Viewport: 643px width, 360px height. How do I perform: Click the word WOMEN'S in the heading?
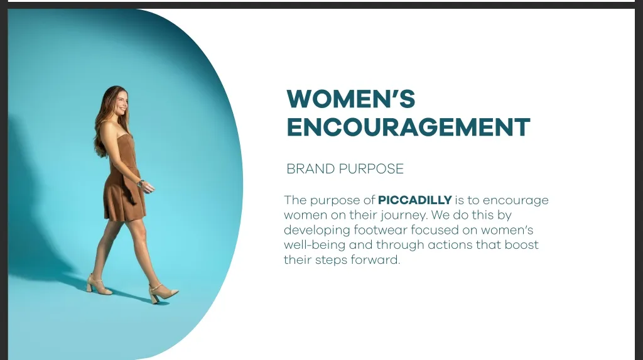[351, 99]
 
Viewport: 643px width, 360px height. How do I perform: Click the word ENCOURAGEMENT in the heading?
[408, 127]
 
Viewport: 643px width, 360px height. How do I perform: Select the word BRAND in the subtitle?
[310, 169]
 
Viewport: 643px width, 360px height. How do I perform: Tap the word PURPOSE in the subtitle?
[372, 169]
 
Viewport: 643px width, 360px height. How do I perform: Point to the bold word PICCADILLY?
[414, 200]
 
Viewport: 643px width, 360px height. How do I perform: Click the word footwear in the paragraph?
[381, 230]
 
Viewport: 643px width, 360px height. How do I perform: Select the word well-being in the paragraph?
[315, 245]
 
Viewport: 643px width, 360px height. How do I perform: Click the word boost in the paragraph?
[521, 244]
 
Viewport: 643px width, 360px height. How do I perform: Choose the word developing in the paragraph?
[316, 231]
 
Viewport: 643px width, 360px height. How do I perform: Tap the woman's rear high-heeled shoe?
[99, 285]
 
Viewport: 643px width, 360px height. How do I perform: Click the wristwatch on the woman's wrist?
[140, 183]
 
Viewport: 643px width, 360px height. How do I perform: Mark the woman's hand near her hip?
[148, 187]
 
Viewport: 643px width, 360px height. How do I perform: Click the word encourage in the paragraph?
[516, 200]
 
